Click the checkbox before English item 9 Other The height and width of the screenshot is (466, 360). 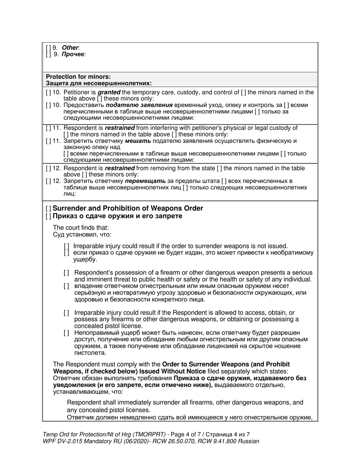tap(48, 48)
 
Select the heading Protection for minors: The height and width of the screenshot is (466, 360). tap(78, 77)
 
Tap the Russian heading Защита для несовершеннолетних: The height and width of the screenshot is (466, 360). tap(99, 83)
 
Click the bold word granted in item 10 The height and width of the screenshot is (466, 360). tap(109, 92)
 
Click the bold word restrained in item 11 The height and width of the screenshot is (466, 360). tap(120, 128)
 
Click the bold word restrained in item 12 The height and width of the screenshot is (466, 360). tap(120, 168)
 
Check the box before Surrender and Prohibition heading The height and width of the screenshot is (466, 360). tap(48, 209)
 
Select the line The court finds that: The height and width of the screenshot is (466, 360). tap(81, 228)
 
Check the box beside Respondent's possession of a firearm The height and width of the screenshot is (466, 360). tap(66, 273)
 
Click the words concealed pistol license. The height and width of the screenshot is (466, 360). tap(108, 326)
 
